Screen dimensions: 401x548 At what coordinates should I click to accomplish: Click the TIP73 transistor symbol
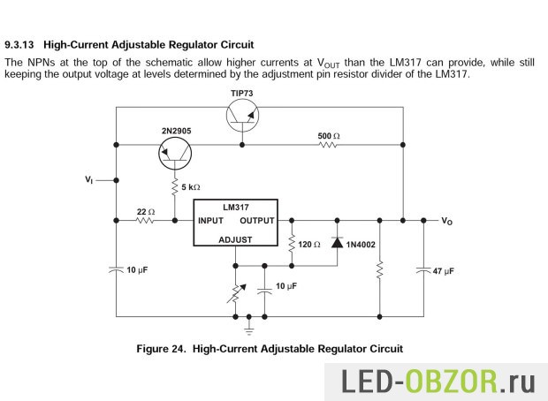[x=241, y=115]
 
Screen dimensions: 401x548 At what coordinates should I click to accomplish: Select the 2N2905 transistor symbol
[x=174, y=155]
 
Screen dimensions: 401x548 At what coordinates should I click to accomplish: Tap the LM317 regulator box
[x=236, y=222]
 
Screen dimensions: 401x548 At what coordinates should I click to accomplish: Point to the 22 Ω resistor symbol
[x=146, y=220]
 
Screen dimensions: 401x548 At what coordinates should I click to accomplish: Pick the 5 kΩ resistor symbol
[x=174, y=187]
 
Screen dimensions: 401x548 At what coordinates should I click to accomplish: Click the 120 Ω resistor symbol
[x=292, y=242]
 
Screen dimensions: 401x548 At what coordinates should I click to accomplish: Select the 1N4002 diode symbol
[x=337, y=242]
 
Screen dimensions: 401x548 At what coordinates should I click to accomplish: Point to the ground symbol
[x=249, y=329]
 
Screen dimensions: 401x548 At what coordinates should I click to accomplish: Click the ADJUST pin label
[x=235, y=239]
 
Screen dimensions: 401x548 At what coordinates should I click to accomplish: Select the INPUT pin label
[x=211, y=220]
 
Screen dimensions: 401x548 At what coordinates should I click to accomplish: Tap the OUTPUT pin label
[x=257, y=220]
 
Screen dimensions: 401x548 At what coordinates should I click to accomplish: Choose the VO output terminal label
[x=447, y=221]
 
